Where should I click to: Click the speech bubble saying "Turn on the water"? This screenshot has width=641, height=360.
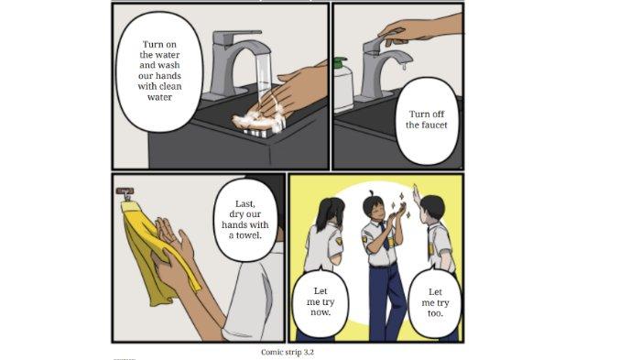[161, 71]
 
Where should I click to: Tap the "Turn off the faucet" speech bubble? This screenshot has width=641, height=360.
[426, 119]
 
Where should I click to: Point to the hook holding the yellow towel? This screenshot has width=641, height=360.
[125, 193]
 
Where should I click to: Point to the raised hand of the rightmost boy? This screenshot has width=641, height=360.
[416, 194]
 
